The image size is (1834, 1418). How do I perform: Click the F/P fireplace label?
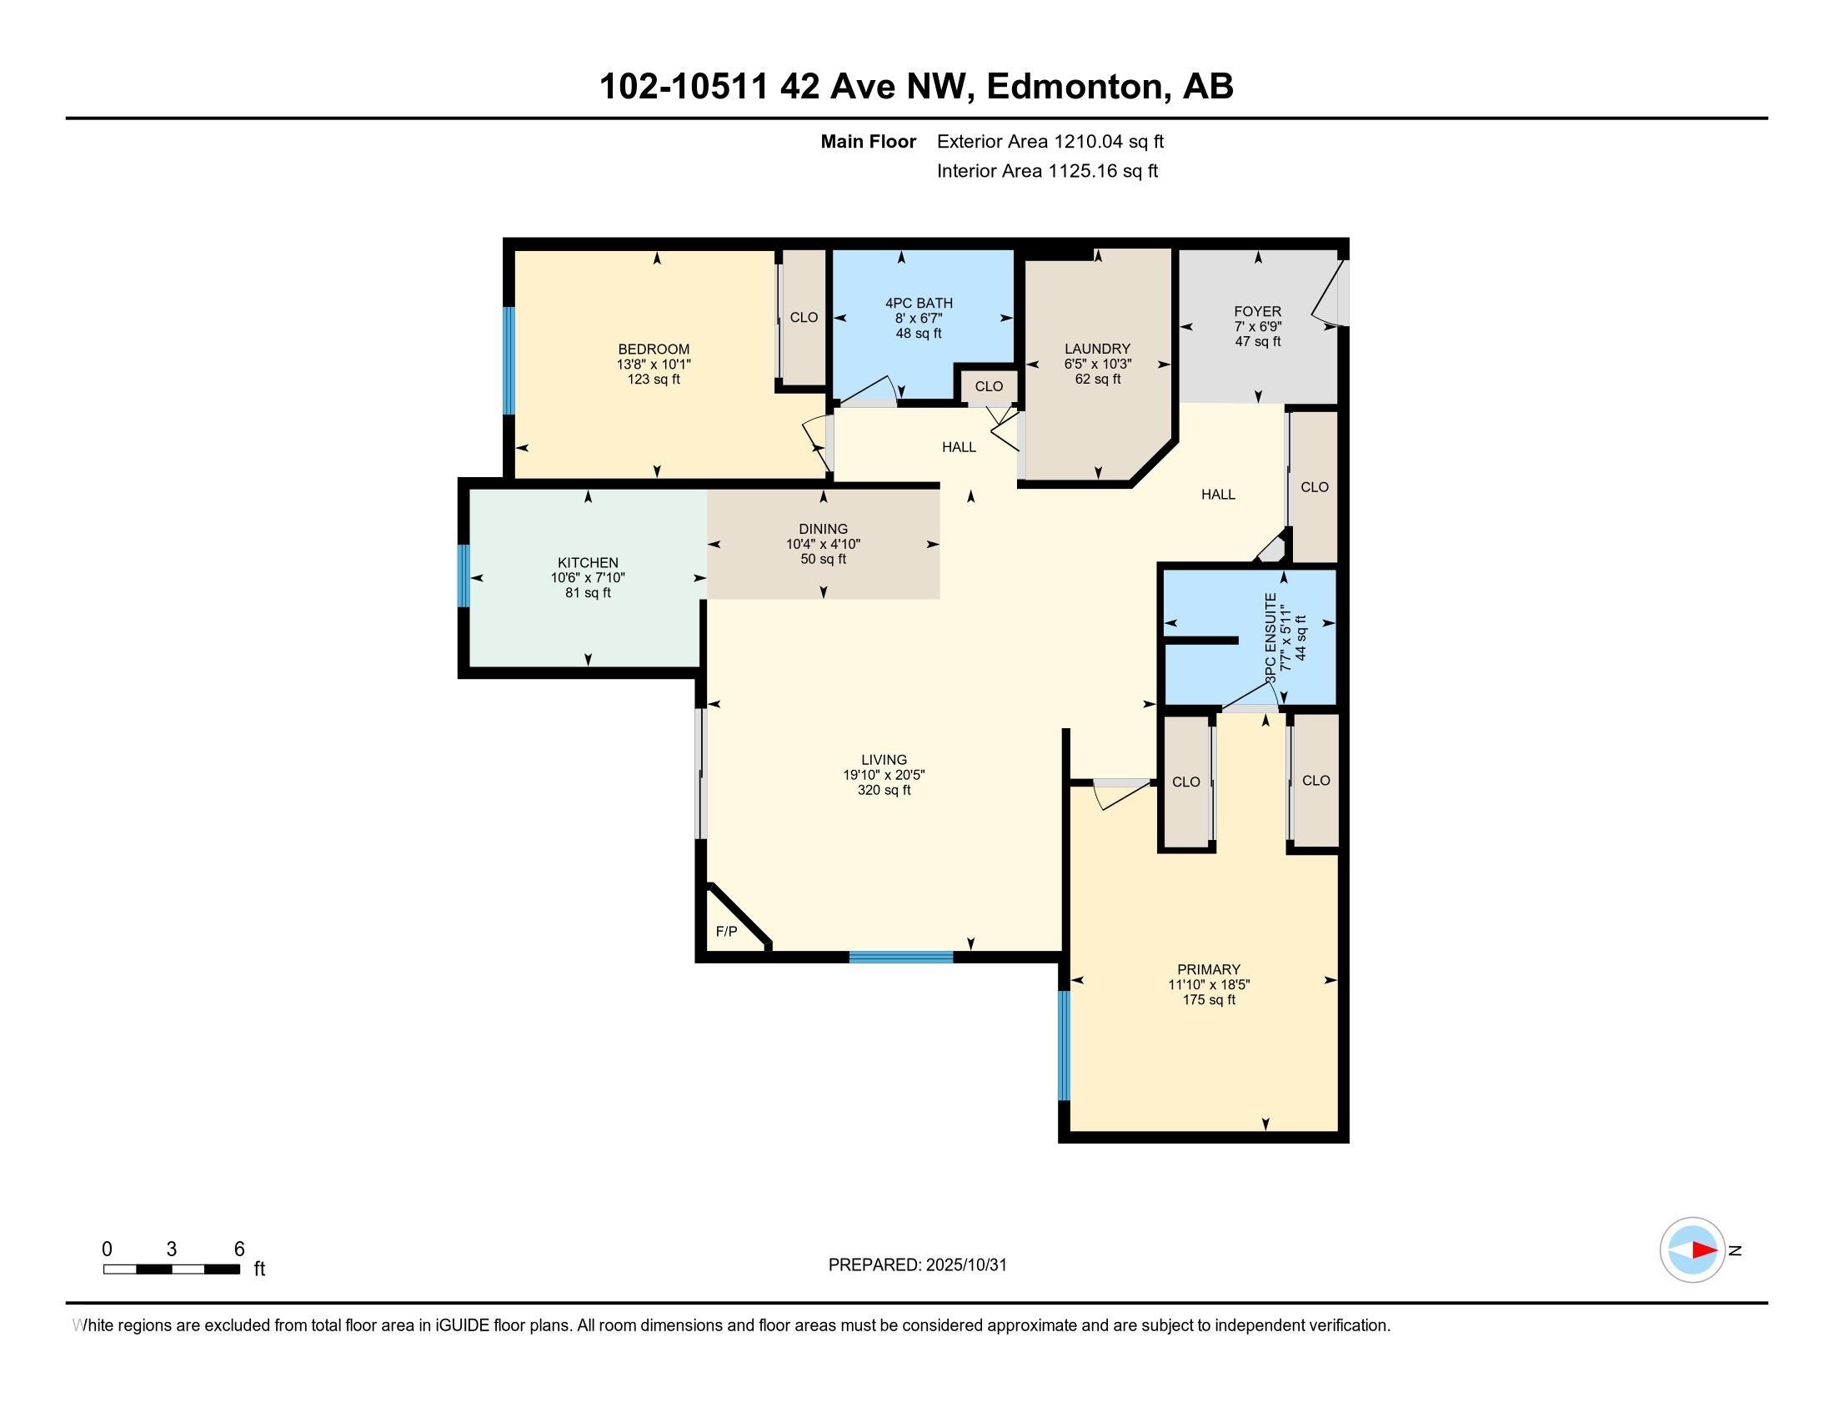point(726,932)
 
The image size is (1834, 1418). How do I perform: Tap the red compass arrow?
point(1704,1250)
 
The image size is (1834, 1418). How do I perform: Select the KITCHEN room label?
point(588,563)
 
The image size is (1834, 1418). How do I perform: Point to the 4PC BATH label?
point(919,304)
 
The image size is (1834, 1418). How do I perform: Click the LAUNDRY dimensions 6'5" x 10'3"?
point(1098,365)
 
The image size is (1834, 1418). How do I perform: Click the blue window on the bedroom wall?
point(509,360)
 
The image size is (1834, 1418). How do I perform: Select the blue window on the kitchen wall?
point(463,576)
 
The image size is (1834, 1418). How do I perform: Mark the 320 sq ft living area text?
point(884,791)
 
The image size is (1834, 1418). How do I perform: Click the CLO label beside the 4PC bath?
point(989,386)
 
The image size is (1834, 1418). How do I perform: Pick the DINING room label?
point(823,528)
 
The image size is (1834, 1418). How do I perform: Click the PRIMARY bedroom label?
point(1209,969)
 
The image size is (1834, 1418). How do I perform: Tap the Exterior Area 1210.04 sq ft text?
point(1050,142)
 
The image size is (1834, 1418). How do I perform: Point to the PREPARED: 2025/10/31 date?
point(917,1265)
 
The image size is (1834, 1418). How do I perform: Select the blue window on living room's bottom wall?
point(901,956)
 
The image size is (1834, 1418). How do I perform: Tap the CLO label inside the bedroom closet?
point(804,318)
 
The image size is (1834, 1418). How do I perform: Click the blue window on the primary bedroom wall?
point(1064,1045)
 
